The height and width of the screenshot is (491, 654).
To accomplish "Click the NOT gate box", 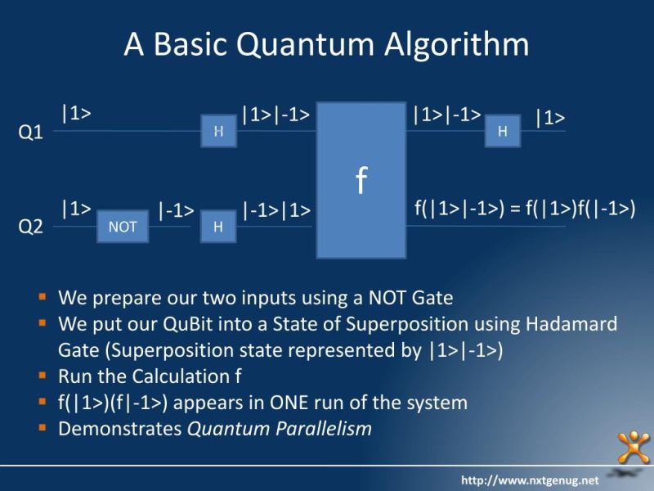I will pyautogui.click(x=123, y=227).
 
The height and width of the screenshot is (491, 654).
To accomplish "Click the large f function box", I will pyautogui.click(x=361, y=180).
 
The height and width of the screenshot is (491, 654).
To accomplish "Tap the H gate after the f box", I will pyautogui.click(x=502, y=131).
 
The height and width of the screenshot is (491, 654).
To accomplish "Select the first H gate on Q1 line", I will pyautogui.click(x=218, y=131).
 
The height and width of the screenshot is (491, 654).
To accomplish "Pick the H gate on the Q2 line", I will pyautogui.click(x=218, y=227).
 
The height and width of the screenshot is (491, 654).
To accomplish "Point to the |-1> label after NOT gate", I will pyautogui.click(x=176, y=210).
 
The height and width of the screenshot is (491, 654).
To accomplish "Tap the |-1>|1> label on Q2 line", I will pyautogui.click(x=276, y=210).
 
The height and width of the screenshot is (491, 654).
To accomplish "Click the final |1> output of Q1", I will pyautogui.click(x=550, y=119).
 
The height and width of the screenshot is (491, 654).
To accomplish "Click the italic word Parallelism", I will pyautogui.click(x=325, y=428).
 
